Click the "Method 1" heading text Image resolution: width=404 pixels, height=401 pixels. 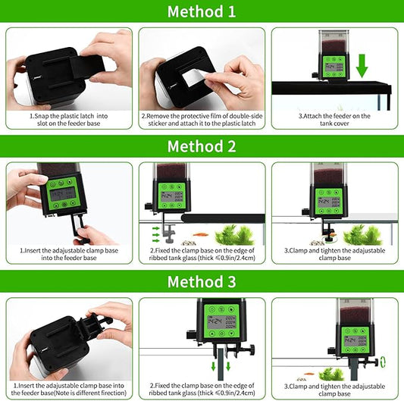point(202,13)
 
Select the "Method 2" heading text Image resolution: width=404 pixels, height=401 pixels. point(202,146)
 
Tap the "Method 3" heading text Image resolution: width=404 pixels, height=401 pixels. point(202,282)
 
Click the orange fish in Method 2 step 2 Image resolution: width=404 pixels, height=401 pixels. point(199,234)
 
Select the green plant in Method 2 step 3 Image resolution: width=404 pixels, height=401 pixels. point(362,234)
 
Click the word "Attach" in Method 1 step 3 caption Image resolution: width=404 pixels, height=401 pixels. point(303,116)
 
